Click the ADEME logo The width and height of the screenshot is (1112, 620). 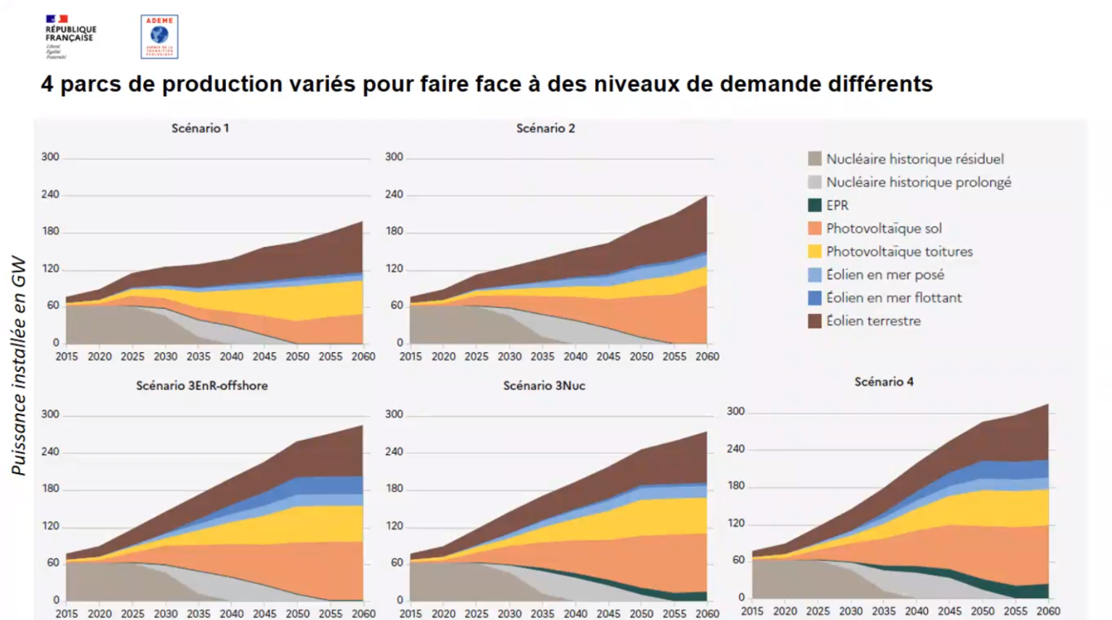tap(159, 36)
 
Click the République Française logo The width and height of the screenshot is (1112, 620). tap(69, 35)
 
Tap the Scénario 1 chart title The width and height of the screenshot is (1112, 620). tap(201, 129)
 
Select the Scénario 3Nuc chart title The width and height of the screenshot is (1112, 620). tap(544, 386)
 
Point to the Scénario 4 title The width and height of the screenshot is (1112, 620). tap(884, 382)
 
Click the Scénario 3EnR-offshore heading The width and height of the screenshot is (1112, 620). tap(202, 386)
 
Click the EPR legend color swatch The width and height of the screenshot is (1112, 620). tap(814, 205)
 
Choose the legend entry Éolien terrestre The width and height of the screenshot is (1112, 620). tap(873, 321)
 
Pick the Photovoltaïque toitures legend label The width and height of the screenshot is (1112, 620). tap(899, 252)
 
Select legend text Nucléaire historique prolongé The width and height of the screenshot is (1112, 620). tap(918, 182)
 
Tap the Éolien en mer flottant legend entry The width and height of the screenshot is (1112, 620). tap(893, 298)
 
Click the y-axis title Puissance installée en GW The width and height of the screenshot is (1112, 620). tap(19, 365)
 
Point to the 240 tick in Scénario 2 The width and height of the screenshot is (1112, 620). tap(394, 195)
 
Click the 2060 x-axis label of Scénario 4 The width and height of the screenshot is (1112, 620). tap(1048, 611)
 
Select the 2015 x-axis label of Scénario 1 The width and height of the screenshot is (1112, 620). tap(67, 357)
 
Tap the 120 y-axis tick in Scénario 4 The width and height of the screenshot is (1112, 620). tap(736, 523)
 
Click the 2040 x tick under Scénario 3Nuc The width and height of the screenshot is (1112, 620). tap(576, 613)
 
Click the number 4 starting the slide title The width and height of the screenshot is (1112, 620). tap(47, 84)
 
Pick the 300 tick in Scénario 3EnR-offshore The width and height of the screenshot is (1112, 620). tap(50, 415)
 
